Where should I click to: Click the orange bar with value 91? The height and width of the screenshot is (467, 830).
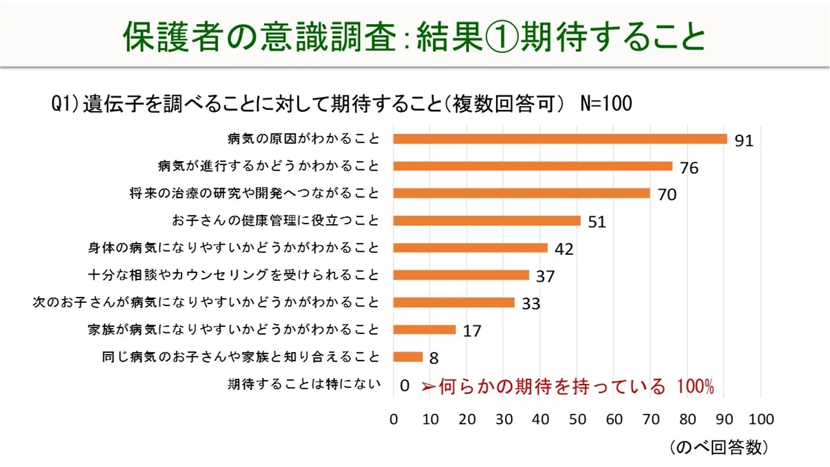coord(560,139)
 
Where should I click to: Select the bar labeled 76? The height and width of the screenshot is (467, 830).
coord(533,166)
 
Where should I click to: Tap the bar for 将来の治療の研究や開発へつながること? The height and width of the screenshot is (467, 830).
coord(521,193)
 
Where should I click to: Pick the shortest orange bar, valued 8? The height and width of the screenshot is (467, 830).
coord(408,356)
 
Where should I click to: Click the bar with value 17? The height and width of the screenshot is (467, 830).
coord(424,329)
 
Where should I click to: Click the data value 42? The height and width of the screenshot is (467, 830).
coord(564,249)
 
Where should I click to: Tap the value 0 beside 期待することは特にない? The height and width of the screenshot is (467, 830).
coord(404,386)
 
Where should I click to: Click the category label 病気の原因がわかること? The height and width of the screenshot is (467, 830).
coord(303,139)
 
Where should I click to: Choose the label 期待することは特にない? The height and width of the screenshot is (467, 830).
coord(303,385)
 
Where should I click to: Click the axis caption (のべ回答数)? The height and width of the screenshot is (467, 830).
coord(718,448)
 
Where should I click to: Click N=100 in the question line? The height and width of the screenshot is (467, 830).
coord(605,104)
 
